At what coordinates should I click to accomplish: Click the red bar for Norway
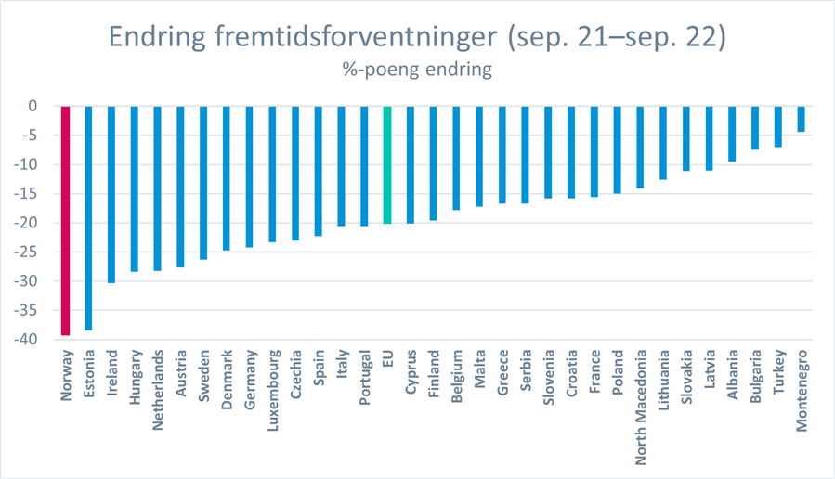pyautogui.click(x=66, y=220)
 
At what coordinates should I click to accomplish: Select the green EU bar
pyautogui.click(x=387, y=164)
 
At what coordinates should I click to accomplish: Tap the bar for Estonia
pyautogui.click(x=89, y=218)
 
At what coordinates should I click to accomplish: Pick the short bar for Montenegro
pyautogui.click(x=801, y=119)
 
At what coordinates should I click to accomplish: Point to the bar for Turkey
pyautogui.click(x=777, y=126)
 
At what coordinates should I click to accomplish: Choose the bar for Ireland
pyautogui.click(x=111, y=194)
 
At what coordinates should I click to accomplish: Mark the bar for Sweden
pyautogui.click(x=203, y=182)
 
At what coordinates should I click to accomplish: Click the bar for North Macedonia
pyautogui.click(x=640, y=147)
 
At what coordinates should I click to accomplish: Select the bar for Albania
pyautogui.click(x=732, y=134)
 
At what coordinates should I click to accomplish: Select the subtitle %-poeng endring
pyautogui.click(x=417, y=69)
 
